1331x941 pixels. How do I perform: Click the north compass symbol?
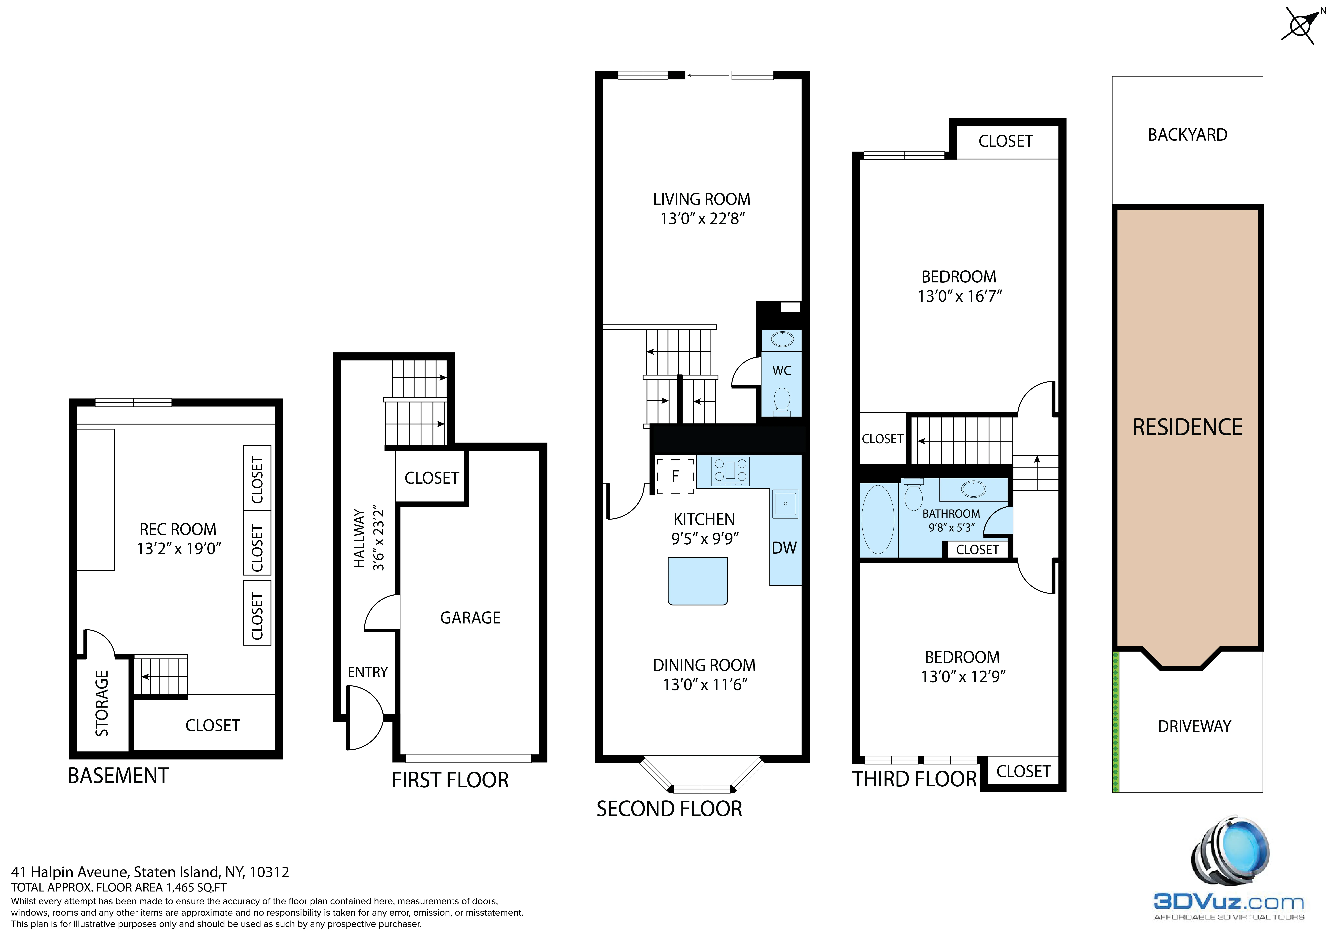[x=1300, y=25]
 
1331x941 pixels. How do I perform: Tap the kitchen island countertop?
[x=697, y=581]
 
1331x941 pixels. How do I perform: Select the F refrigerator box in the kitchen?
[x=675, y=476]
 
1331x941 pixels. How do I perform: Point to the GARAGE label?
[x=470, y=618]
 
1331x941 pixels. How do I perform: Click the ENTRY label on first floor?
[x=367, y=672]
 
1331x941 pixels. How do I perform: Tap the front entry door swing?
[x=364, y=718]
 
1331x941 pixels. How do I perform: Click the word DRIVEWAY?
[x=1194, y=726]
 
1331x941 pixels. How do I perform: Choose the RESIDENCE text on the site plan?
[x=1187, y=427]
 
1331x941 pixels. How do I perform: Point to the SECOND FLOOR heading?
[x=669, y=809]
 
